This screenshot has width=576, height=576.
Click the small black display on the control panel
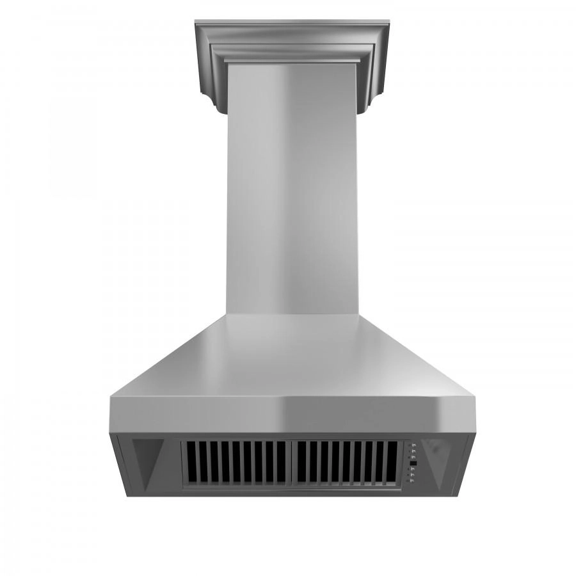413,463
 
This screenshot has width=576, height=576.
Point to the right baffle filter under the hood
346,463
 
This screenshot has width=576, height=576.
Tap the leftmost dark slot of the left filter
190,463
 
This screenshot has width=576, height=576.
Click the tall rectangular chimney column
291,192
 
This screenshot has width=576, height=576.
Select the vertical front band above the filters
291,415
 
